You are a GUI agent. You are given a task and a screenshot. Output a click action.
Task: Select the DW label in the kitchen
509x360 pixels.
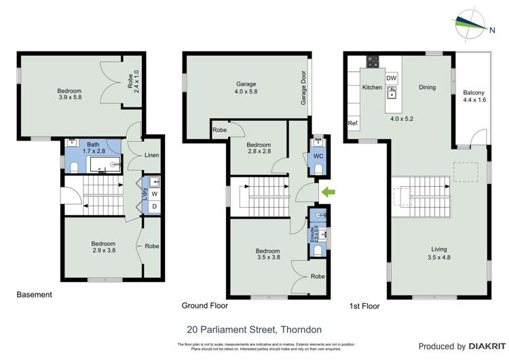(391, 79)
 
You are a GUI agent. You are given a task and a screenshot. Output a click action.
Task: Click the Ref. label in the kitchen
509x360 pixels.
(353, 124)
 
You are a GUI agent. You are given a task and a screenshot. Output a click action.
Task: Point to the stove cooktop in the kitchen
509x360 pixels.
(373, 61)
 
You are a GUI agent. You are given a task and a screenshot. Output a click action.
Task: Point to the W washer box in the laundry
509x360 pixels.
(154, 192)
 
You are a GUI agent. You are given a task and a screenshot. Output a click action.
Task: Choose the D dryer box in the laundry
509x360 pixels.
(154, 206)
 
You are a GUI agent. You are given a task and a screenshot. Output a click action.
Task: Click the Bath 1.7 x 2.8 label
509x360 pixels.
(93, 147)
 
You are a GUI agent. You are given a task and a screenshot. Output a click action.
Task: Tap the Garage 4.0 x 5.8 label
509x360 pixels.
(246, 88)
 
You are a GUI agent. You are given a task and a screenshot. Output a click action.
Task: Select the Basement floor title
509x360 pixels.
(34, 295)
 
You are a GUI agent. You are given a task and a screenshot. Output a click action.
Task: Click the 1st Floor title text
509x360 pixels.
(365, 306)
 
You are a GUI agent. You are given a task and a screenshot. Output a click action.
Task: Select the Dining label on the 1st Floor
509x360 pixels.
(427, 87)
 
